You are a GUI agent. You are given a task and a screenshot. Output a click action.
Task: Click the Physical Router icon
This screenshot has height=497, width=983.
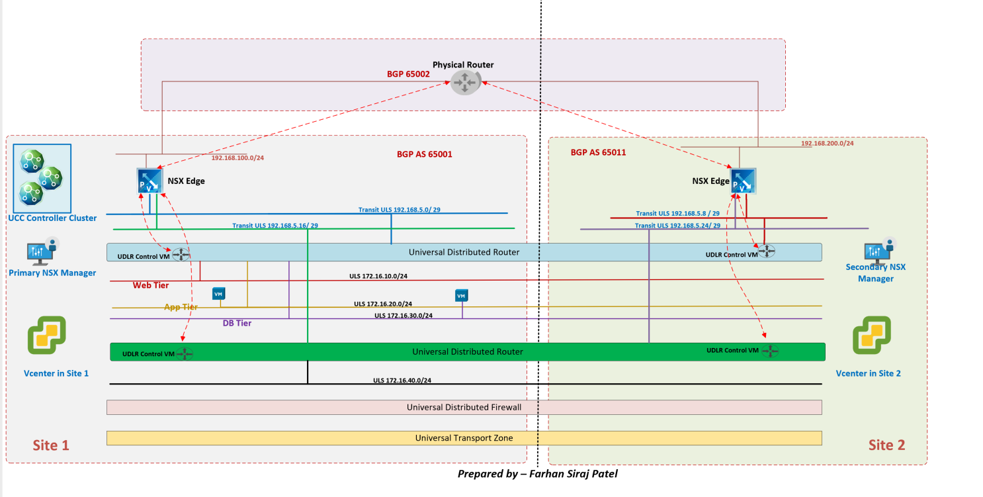(464, 83)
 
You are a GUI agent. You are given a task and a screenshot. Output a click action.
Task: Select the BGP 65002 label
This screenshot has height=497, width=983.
(408, 74)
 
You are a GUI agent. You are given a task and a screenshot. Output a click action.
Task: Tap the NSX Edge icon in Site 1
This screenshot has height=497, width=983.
(150, 181)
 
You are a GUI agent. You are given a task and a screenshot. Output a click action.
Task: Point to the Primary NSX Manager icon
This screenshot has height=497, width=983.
(40, 253)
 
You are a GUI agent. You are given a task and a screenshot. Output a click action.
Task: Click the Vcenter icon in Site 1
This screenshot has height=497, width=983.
(46, 336)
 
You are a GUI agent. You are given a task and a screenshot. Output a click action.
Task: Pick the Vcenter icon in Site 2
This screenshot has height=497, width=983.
(871, 336)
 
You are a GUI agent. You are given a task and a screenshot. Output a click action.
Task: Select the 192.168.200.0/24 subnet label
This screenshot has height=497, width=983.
(827, 143)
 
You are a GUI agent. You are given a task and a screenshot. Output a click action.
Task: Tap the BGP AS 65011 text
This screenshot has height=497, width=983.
(598, 152)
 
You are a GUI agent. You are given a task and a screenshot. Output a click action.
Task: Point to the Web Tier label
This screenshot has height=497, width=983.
(151, 285)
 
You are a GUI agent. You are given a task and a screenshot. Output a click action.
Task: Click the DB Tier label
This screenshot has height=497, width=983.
(237, 323)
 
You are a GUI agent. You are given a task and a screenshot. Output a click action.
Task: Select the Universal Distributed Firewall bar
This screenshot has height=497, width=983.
(464, 407)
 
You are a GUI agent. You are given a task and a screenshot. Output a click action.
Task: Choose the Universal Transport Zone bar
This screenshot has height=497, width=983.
(464, 438)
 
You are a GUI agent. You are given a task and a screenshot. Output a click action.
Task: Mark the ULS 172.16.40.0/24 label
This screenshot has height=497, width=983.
(402, 381)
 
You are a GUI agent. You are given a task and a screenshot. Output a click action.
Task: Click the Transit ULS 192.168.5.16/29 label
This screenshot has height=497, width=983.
(275, 226)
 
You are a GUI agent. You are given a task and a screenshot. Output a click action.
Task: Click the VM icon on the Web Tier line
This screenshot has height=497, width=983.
(218, 294)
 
